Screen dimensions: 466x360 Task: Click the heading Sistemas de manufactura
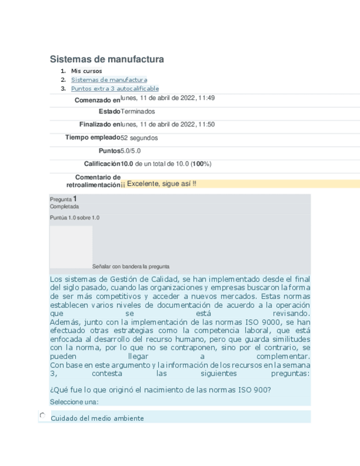(x=107, y=59)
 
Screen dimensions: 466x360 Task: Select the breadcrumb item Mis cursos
(x=86, y=71)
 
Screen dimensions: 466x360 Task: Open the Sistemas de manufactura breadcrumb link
(x=109, y=80)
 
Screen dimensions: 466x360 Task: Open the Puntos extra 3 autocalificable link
(x=115, y=88)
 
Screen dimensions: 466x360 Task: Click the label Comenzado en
(x=97, y=100)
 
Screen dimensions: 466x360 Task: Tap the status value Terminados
(x=137, y=112)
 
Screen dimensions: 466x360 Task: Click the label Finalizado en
(x=99, y=125)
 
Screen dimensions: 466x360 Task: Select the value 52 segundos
(x=139, y=138)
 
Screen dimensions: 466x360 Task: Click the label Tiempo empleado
(x=92, y=137)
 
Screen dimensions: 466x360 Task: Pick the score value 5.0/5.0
(x=130, y=151)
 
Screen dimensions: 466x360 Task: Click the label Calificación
(x=102, y=164)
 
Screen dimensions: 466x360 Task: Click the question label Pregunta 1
(x=63, y=199)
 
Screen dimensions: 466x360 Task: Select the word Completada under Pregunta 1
(x=64, y=207)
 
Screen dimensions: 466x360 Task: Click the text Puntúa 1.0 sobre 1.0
(x=75, y=218)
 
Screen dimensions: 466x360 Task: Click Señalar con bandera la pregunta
(x=131, y=267)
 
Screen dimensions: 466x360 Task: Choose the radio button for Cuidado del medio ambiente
(x=42, y=417)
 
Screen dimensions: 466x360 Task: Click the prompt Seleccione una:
(x=74, y=402)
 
